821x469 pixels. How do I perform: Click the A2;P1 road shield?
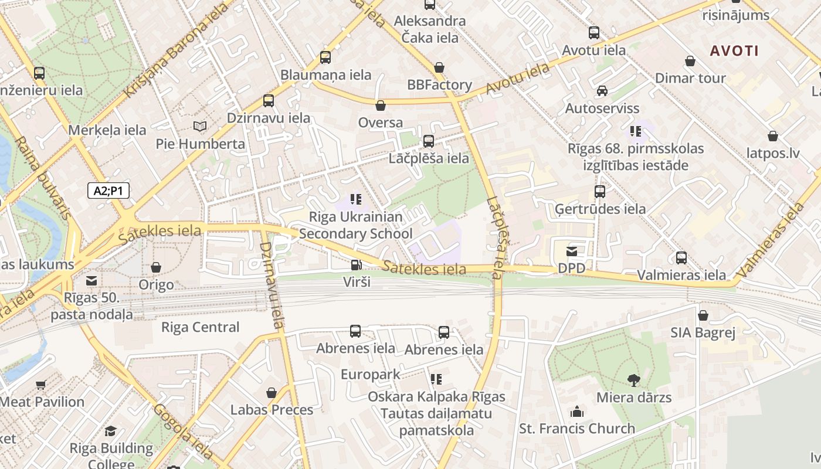pos(108,191)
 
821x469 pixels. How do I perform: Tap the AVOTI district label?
pos(734,50)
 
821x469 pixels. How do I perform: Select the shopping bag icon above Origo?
pos(156,268)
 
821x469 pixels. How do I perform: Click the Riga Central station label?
pos(200,327)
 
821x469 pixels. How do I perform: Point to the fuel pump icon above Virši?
pos(356,265)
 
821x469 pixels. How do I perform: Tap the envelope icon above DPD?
pos(571,252)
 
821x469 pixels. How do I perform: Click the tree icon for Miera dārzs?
pos(633,380)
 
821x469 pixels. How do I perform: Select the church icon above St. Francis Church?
pos(577,412)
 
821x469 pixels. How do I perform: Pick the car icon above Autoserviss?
pos(602,91)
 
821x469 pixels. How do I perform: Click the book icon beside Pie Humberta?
pos(200,126)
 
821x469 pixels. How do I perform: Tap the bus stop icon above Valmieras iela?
pos(681,257)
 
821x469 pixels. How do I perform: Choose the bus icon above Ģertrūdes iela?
pos(599,192)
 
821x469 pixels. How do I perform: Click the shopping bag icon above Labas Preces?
pos(272,393)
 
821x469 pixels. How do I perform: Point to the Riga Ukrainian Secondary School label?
pos(356,225)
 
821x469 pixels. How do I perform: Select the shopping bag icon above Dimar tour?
pos(690,61)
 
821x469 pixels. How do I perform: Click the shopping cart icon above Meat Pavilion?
pos(40,385)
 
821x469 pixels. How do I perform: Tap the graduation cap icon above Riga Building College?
pos(110,432)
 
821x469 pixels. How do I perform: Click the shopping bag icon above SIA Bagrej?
pos(703,316)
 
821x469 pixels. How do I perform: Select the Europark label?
pos(370,375)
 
